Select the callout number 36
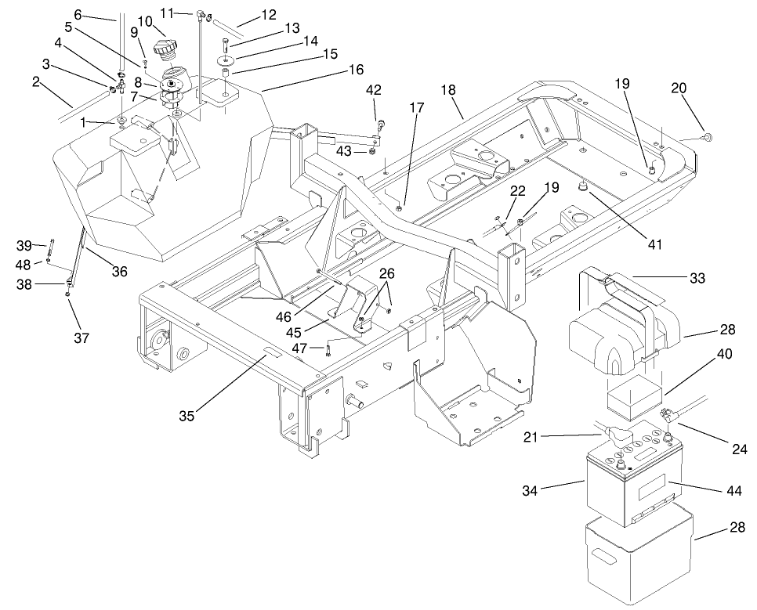pyautogui.click(x=119, y=272)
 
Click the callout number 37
pyautogui.click(x=81, y=337)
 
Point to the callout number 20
pyautogui.click(x=679, y=88)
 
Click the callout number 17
pyautogui.click(x=415, y=107)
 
